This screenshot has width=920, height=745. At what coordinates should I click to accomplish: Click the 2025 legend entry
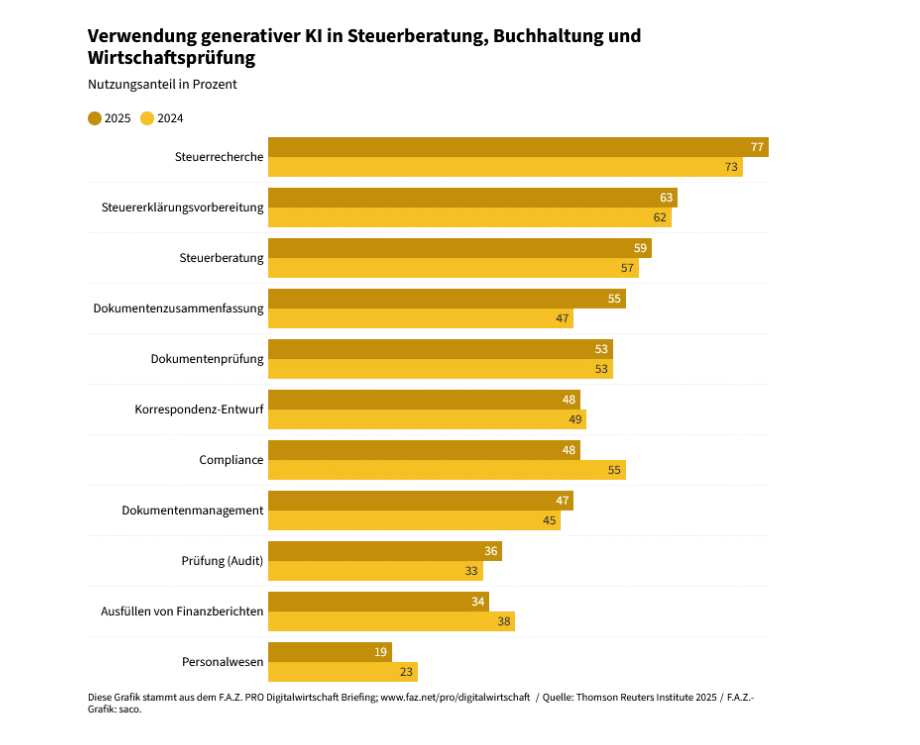110,118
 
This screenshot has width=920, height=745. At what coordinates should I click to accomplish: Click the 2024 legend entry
163,118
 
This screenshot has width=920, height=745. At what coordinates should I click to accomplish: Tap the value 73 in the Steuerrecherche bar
732,167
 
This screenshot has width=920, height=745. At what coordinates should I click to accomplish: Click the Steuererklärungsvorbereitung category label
182,208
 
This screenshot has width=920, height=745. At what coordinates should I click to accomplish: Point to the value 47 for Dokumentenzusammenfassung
563,319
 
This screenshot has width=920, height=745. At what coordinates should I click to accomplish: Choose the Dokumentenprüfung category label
207,359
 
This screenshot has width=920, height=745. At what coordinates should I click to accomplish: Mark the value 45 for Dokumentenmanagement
550,521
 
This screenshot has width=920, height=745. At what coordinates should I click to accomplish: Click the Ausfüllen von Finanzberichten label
182,611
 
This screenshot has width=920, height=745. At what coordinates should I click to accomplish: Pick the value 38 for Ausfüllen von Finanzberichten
505,622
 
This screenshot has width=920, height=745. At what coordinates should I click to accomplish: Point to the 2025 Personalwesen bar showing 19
330,652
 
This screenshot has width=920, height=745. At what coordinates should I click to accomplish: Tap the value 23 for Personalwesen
407,672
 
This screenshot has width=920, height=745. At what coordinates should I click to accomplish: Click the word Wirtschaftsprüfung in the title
171,59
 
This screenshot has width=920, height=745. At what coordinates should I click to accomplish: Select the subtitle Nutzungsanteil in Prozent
162,85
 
